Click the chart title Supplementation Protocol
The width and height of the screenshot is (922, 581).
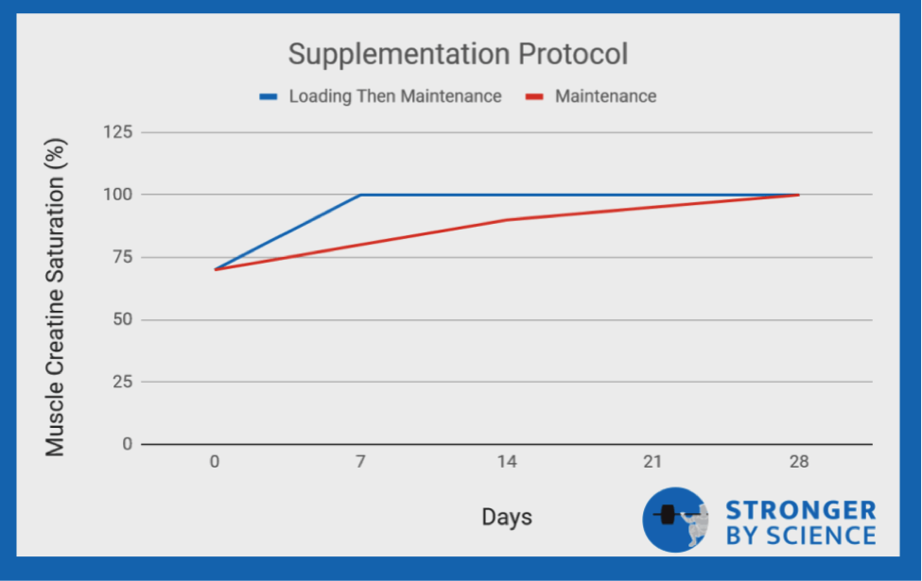click(x=458, y=53)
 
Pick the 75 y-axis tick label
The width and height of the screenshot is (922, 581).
click(x=120, y=257)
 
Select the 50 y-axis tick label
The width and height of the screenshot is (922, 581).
click(x=120, y=319)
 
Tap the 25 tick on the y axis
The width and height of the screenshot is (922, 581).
click(x=120, y=382)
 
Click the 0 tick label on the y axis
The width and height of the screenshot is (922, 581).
click(x=125, y=444)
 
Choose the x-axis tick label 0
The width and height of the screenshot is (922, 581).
click(x=216, y=462)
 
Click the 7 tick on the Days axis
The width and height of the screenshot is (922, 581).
click(x=361, y=462)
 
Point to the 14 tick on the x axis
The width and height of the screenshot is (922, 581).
click(x=507, y=462)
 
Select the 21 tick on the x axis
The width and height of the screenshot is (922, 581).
click(x=652, y=462)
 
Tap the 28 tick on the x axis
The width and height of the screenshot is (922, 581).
click(x=799, y=462)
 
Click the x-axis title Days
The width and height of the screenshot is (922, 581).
click(x=507, y=517)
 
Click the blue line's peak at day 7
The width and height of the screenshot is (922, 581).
click(x=361, y=195)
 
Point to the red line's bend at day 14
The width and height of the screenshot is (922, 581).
click(x=507, y=220)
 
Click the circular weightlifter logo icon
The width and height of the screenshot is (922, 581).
click(x=675, y=521)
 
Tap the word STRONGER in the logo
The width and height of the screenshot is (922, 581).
click(x=800, y=511)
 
